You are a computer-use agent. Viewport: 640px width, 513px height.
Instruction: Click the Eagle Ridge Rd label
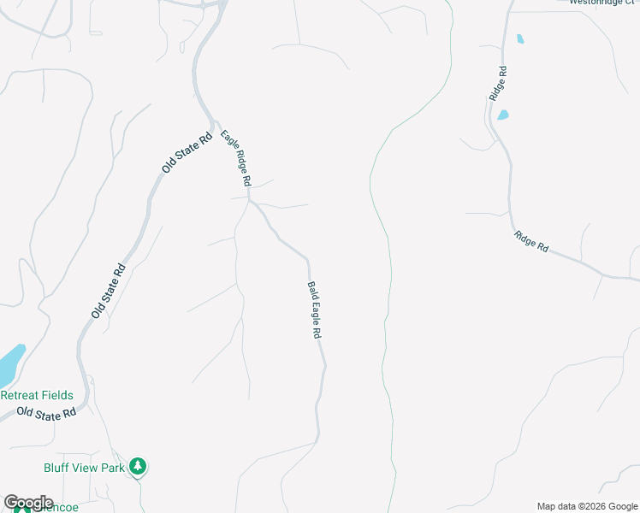[x=235, y=158]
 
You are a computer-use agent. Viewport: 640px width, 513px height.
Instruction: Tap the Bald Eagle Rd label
[x=314, y=310]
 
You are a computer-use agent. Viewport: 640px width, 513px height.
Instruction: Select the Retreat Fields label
[x=37, y=395]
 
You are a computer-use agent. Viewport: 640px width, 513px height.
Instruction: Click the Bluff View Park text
[x=84, y=467]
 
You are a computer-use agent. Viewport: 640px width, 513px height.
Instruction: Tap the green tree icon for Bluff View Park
[x=139, y=467]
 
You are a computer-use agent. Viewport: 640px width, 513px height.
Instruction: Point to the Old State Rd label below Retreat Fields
[x=46, y=413]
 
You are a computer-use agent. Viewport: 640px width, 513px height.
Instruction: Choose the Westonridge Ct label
[x=604, y=3]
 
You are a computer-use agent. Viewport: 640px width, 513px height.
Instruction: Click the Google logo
[x=28, y=503]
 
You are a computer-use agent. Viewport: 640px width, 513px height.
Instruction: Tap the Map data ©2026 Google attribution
[x=587, y=506]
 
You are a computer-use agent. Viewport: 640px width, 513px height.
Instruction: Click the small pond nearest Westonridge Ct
[x=519, y=38]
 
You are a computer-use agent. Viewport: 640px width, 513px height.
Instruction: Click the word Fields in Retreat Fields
[x=56, y=395]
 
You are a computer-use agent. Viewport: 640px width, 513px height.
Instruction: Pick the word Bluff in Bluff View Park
[x=57, y=467]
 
